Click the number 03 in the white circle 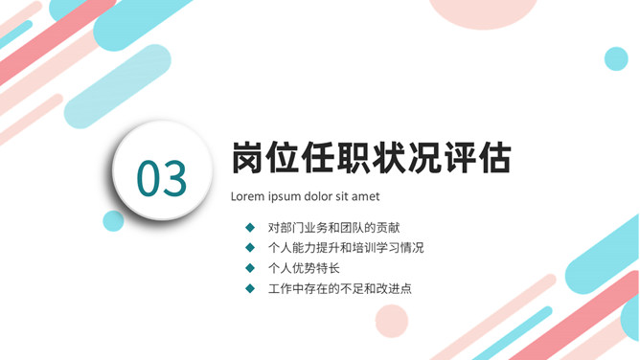coord(161,177)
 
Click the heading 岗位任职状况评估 coord(371,158)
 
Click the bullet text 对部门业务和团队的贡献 coord(334,228)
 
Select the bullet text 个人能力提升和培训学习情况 coord(346,248)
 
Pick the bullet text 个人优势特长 coord(304,268)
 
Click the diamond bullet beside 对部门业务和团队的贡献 coord(250,228)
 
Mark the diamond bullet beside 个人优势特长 coord(250,268)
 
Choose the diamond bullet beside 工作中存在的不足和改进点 coord(250,288)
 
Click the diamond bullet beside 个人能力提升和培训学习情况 coord(250,248)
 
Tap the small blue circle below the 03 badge coord(113,221)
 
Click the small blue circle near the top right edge coord(616,58)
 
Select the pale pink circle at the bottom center coord(392,320)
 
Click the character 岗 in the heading coord(249,158)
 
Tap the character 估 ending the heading coord(493,158)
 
